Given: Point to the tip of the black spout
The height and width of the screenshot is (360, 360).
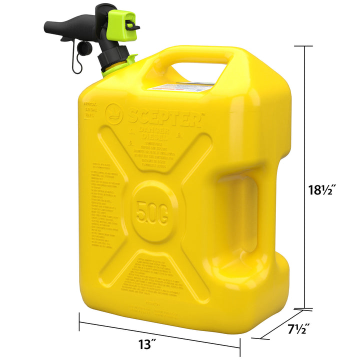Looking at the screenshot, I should click(x=47, y=25).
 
